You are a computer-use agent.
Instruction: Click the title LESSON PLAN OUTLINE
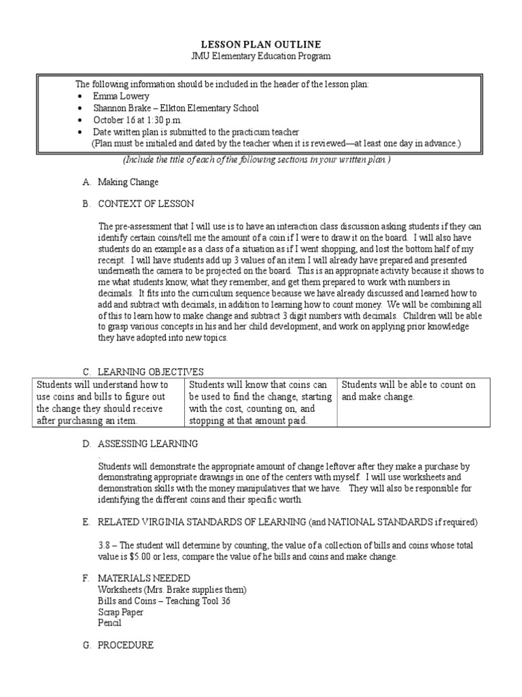click(260, 44)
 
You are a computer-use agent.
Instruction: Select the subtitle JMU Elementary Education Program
click(260, 56)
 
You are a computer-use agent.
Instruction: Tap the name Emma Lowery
click(120, 96)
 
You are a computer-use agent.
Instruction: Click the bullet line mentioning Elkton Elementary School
click(175, 108)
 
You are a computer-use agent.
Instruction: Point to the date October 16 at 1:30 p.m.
click(137, 119)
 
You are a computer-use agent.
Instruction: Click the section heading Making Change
click(128, 182)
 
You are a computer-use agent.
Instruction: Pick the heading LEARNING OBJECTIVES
click(150, 372)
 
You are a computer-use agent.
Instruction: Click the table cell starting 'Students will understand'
click(107, 403)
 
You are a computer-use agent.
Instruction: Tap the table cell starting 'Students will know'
click(261, 403)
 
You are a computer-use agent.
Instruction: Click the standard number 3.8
click(105, 546)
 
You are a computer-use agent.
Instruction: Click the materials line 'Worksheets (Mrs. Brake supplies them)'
click(172, 589)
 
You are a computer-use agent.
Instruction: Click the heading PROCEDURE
click(126, 645)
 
